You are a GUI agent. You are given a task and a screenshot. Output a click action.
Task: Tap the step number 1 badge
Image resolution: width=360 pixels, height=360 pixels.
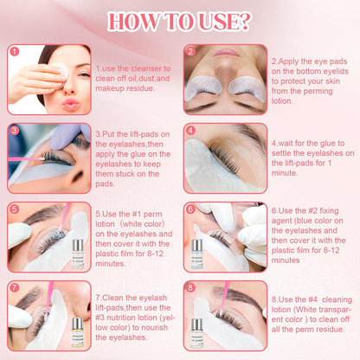click(13, 50)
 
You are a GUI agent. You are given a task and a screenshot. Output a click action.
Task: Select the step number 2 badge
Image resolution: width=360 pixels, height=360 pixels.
click(190, 50)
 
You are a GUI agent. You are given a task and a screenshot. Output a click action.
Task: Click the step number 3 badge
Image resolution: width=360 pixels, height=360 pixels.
click(13, 130)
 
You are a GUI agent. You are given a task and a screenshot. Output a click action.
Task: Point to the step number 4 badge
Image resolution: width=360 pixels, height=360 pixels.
click(190, 130)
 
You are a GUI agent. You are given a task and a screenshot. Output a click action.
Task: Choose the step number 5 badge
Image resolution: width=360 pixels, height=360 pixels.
click(13, 209)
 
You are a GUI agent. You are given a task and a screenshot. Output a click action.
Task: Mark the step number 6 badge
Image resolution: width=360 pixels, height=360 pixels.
click(190, 209)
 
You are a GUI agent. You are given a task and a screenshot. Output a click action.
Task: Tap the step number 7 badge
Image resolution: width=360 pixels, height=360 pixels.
click(13, 286)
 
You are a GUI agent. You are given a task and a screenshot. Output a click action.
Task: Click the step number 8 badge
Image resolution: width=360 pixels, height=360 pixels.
click(190, 286)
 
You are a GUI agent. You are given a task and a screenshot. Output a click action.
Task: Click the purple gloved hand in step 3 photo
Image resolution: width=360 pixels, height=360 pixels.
click(67, 138)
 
